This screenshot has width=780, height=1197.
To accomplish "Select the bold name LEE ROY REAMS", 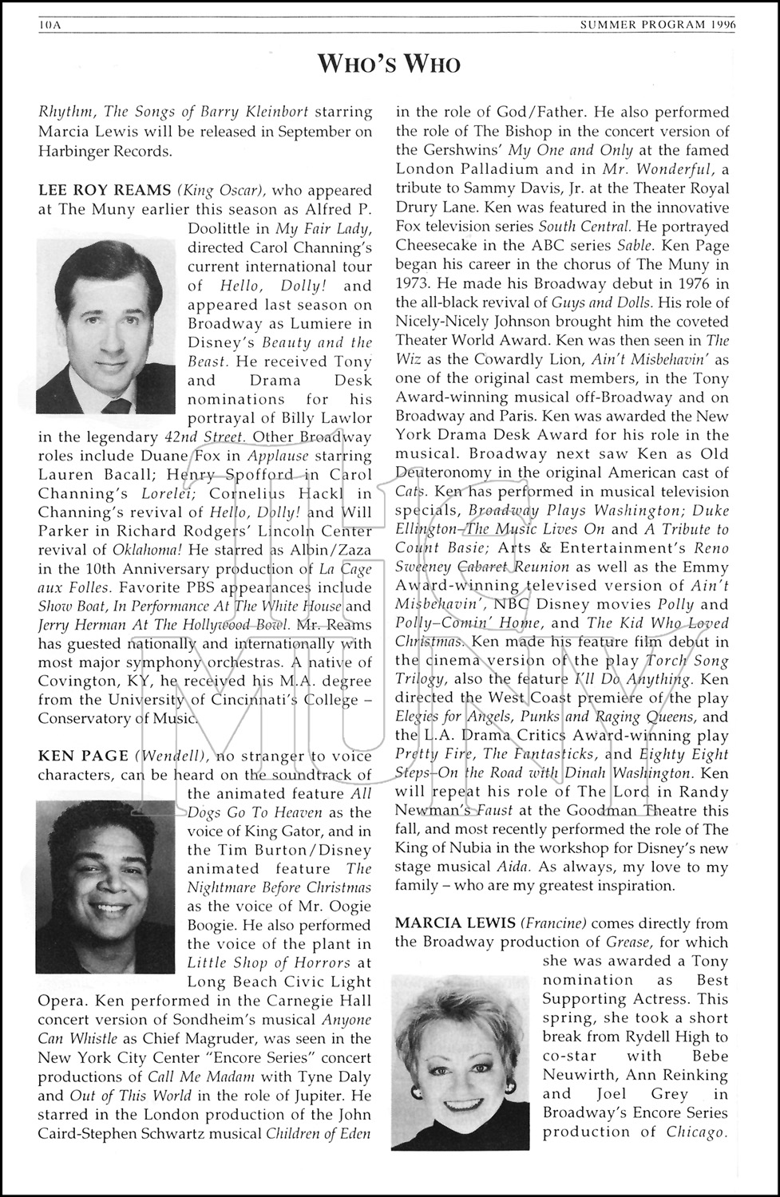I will [104, 191].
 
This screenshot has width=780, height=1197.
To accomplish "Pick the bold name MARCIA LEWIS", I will [455, 923].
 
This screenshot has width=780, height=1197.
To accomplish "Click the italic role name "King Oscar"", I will [222, 191].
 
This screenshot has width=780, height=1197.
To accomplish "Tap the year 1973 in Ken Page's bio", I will [414, 283].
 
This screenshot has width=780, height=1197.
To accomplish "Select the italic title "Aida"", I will [517, 867].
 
